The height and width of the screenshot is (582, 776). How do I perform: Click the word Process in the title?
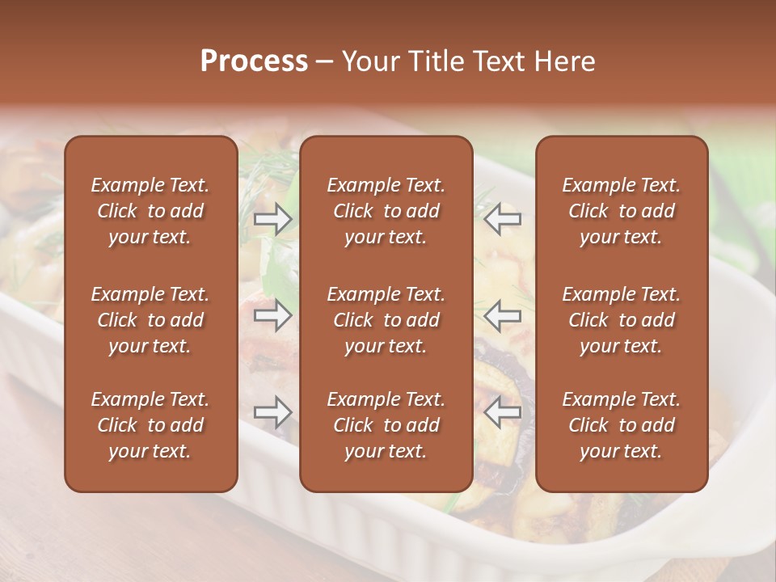(x=254, y=61)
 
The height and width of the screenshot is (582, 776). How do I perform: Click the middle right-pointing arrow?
(x=273, y=315)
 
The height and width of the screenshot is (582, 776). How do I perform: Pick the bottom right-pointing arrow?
(x=273, y=412)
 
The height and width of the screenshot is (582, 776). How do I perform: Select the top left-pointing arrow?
(x=503, y=218)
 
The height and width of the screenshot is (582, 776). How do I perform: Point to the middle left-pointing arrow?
(x=503, y=314)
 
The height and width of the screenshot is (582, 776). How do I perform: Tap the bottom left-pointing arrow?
(x=503, y=412)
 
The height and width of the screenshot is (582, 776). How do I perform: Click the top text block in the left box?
(x=150, y=211)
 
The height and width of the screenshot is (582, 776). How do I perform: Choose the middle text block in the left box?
(x=150, y=320)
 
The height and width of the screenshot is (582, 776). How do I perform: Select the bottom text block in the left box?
(x=150, y=425)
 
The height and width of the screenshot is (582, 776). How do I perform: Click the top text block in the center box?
(x=386, y=211)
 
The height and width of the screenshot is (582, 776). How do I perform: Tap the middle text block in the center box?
(x=386, y=320)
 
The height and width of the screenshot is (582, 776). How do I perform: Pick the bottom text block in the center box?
(x=386, y=425)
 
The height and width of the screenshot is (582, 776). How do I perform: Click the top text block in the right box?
(x=621, y=211)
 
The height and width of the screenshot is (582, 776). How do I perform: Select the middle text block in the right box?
(x=621, y=320)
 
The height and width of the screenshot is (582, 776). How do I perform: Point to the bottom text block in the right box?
(x=621, y=425)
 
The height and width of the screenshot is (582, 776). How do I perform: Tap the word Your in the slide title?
(x=369, y=61)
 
